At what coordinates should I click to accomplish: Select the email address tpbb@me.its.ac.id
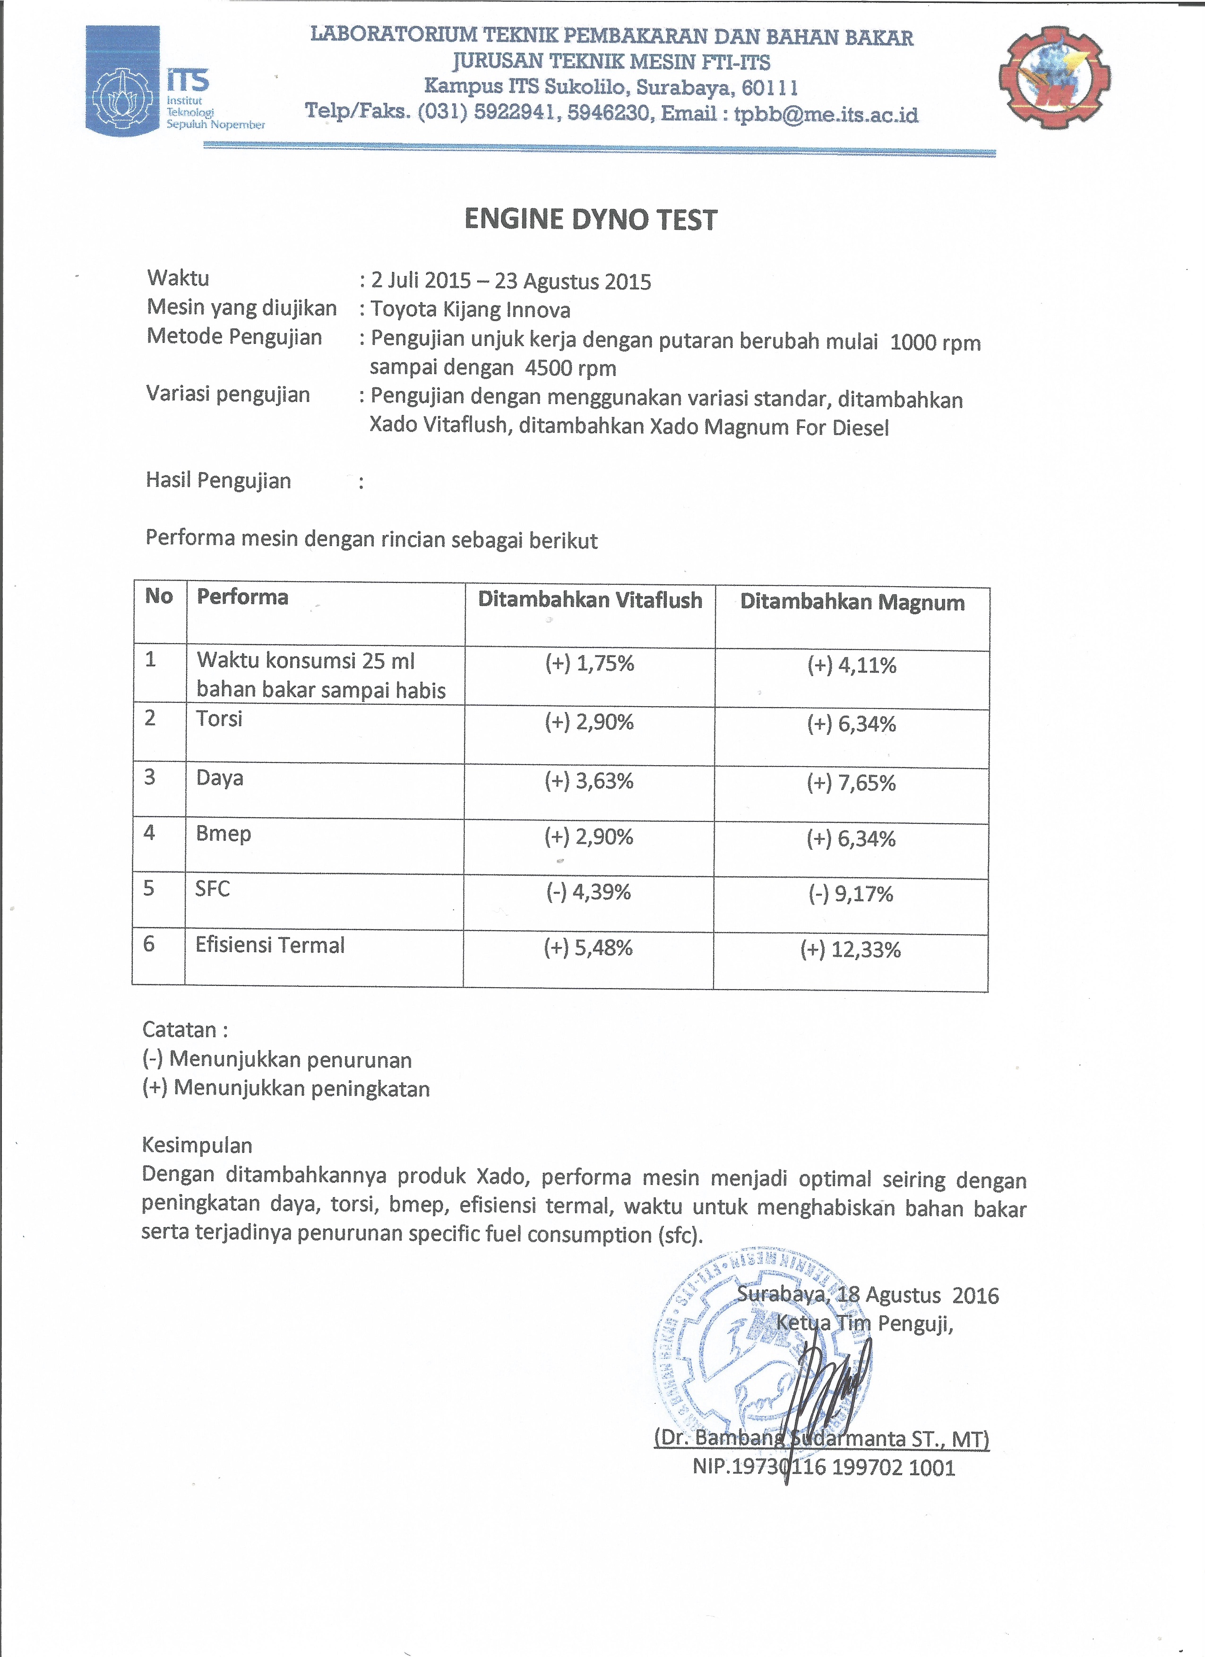pos(826,115)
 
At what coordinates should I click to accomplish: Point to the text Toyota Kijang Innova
pos(470,310)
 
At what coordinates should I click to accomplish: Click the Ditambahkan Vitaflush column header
pos(590,600)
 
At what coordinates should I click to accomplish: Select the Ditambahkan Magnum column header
pos(852,602)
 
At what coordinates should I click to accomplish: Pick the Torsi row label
pos(219,719)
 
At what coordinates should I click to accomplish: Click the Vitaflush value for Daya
pos(589,781)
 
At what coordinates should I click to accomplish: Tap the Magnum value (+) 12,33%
pos(851,950)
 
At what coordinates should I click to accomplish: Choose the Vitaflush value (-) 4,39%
pos(589,892)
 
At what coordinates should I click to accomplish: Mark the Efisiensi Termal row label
pos(270,945)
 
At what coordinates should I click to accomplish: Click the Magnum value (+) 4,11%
pos(852,666)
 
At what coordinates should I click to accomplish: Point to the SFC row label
pos(213,889)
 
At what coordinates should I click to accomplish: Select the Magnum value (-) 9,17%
pos(851,894)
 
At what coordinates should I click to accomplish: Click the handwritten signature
pos(833,1388)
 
